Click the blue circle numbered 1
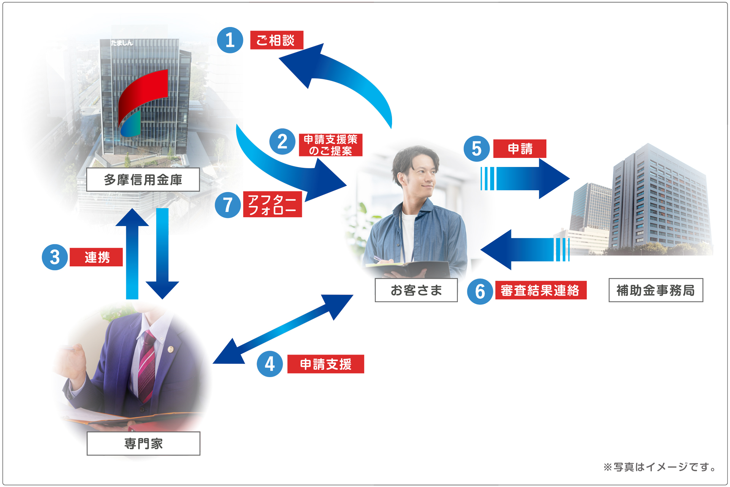230,40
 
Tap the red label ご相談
276,40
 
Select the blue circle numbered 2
282,142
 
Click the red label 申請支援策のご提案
330,145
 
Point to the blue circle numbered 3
55,257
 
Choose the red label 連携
96,257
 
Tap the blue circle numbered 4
270,364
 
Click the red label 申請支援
325,364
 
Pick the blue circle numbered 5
476,148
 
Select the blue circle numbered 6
480,291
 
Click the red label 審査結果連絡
540,290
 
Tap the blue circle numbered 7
227,205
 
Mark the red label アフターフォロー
272,205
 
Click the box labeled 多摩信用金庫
143,180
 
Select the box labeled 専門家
143,443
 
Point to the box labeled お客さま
416,290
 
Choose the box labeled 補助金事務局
655,290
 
